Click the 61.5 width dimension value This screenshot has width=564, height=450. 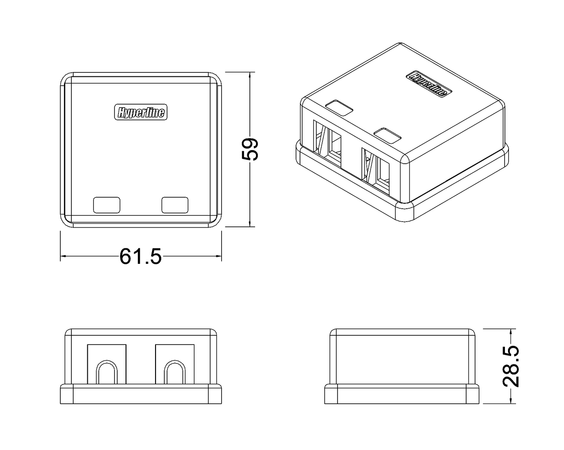(x=141, y=256)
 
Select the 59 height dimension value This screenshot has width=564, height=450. (x=250, y=149)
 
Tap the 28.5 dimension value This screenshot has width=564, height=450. (x=511, y=366)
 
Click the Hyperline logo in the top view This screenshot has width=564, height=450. (x=141, y=112)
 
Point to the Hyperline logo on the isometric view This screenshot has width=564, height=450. (x=429, y=83)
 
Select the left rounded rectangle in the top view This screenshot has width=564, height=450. (x=107, y=205)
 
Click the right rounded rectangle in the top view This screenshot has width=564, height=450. (x=175, y=205)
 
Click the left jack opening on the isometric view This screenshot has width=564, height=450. (x=327, y=144)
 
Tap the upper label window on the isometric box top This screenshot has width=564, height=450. (x=339, y=108)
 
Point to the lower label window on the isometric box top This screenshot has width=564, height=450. (x=388, y=135)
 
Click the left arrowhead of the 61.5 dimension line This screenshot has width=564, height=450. (x=64, y=256)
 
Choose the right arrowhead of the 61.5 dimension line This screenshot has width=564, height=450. (x=218, y=256)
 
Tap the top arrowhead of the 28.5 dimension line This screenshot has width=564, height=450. (x=511, y=332)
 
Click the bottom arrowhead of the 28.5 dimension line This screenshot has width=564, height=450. (x=511, y=400)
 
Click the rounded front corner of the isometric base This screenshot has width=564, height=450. (x=405, y=212)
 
